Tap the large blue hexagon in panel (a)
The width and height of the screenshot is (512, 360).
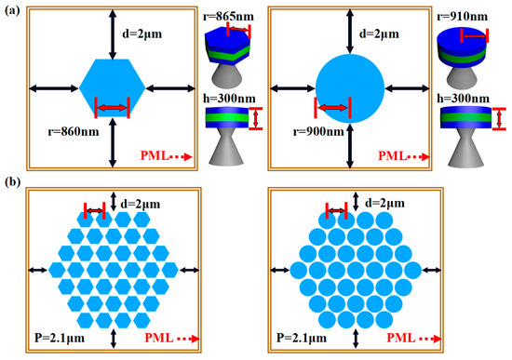pyautogui.click(x=112, y=87)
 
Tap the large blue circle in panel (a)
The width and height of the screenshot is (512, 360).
pyautogui.click(x=349, y=89)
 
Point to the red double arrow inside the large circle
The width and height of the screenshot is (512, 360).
pyautogui.click(x=332, y=110)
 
